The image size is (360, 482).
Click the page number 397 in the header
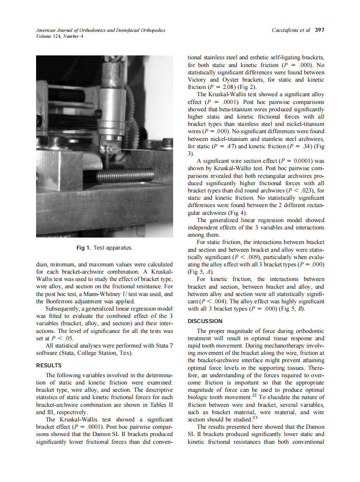point(320,30)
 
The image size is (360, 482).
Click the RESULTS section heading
point(49,366)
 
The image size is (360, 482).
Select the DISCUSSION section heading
point(205,321)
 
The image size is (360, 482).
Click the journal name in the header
point(101,30)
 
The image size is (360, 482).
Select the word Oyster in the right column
point(232,79)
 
